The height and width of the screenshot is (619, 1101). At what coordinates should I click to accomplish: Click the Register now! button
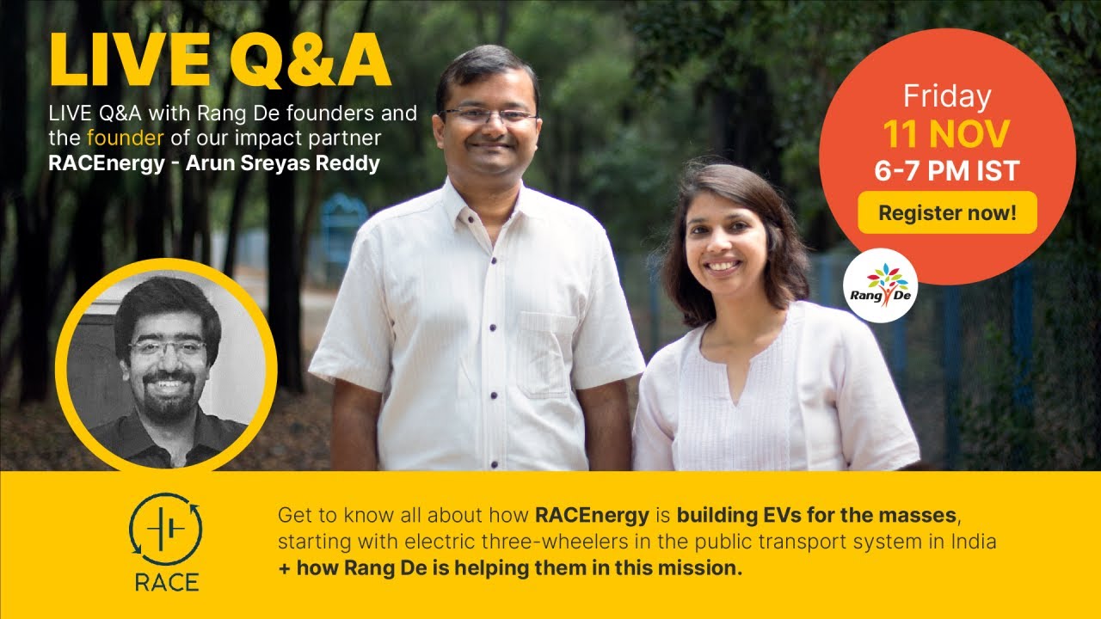(x=947, y=212)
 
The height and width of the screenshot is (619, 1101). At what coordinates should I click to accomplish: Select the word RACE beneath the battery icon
(x=166, y=582)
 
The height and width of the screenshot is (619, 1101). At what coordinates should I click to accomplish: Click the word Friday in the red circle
(x=947, y=96)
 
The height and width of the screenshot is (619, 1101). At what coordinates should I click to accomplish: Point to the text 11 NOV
(x=947, y=134)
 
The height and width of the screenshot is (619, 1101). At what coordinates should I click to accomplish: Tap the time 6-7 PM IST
(x=947, y=171)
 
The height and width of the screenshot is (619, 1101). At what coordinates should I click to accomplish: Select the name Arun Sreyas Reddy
(x=283, y=163)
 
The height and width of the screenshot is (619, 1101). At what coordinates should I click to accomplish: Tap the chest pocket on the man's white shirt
(x=544, y=352)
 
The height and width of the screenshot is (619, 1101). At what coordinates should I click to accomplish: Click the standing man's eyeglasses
(x=487, y=114)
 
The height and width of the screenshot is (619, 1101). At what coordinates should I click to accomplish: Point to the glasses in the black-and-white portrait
(x=168, y=348)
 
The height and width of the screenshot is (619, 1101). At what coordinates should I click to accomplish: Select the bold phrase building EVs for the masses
(x=816, y=516)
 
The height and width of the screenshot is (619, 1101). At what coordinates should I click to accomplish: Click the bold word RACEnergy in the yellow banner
(x=592, y=516)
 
